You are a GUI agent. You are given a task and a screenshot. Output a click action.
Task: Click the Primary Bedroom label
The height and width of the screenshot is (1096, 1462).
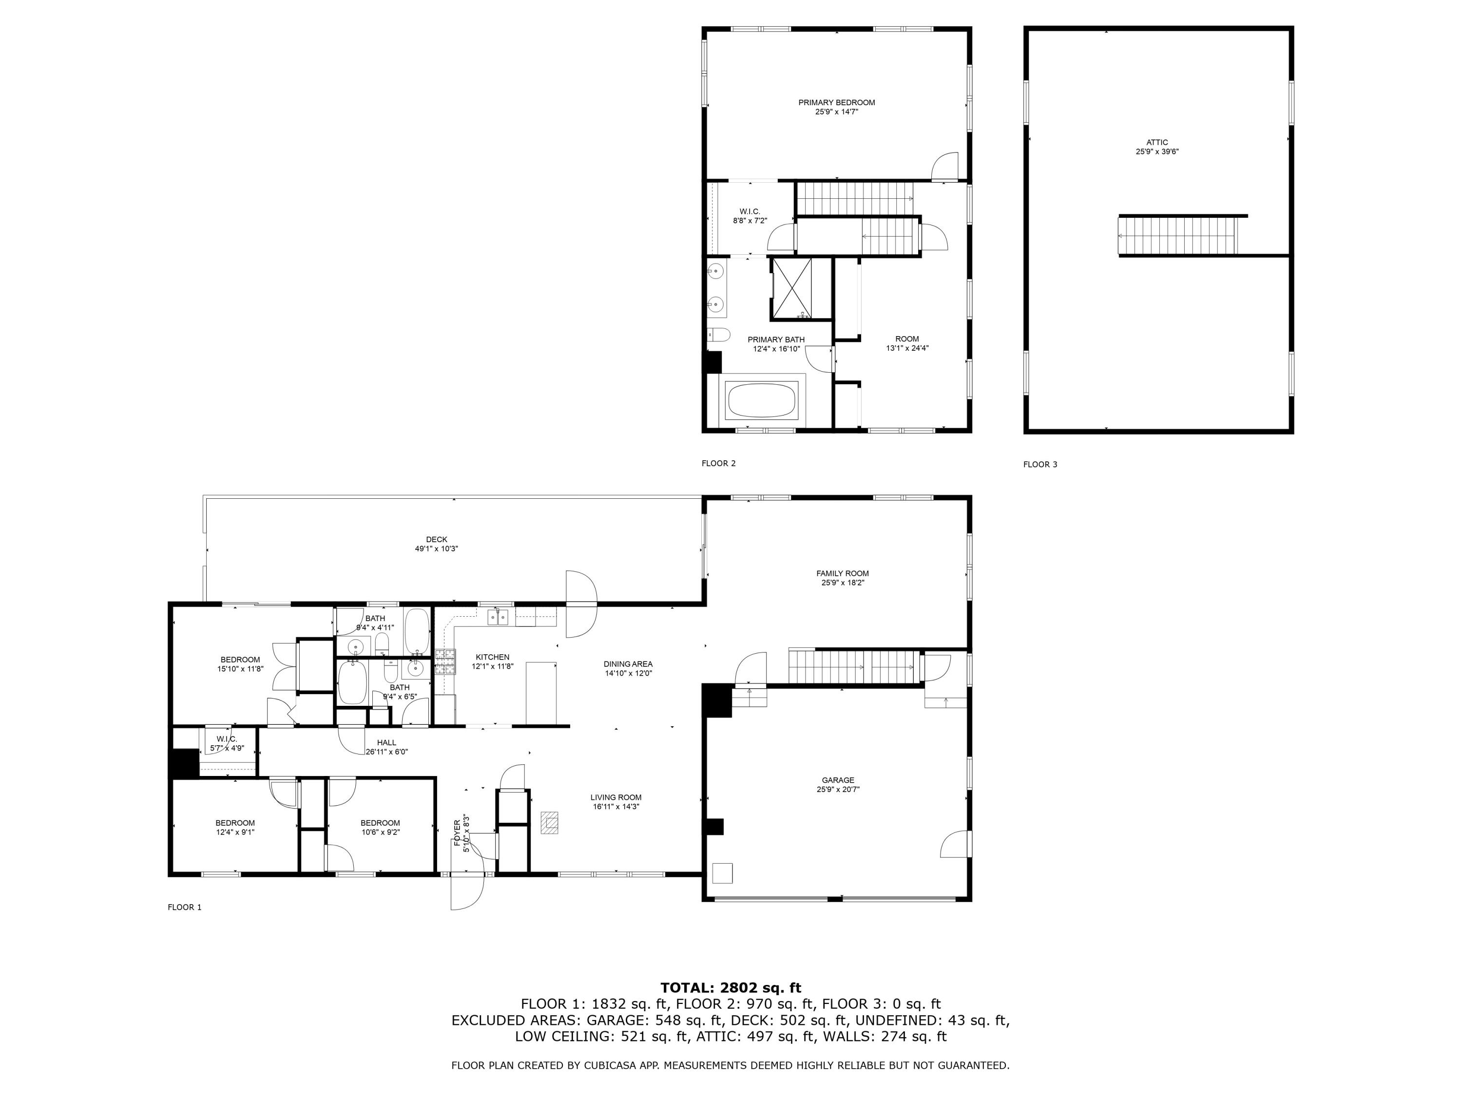point(836,102)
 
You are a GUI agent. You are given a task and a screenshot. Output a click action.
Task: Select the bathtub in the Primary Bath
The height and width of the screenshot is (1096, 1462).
point(762,397)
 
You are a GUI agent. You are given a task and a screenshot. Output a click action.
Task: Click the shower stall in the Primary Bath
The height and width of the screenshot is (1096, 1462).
point(792,289)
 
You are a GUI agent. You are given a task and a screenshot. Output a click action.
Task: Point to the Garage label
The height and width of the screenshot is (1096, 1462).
point(838,780)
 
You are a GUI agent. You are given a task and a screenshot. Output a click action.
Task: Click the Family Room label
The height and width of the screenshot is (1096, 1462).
point(843,573)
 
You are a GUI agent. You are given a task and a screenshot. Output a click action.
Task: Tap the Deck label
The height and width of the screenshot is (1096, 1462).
point(436,540)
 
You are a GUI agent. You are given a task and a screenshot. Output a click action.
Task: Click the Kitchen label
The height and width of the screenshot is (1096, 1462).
point(492,657)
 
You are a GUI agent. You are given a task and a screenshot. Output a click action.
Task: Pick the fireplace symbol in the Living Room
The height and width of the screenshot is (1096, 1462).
point(549,823)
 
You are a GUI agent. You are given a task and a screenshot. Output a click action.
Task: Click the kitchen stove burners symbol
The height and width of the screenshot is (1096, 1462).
point(445,662)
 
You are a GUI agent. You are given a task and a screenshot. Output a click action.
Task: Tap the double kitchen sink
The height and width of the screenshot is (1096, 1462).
point(498,617)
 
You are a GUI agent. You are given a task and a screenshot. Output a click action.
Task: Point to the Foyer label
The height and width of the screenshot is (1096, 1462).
point(457,832)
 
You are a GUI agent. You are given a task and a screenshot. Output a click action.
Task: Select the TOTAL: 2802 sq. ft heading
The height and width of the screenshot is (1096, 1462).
point(731,988)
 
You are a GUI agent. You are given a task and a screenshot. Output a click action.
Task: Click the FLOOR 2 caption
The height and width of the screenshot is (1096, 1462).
point(718,463)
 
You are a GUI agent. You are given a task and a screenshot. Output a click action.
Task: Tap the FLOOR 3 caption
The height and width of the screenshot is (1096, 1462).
point(1040,464)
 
